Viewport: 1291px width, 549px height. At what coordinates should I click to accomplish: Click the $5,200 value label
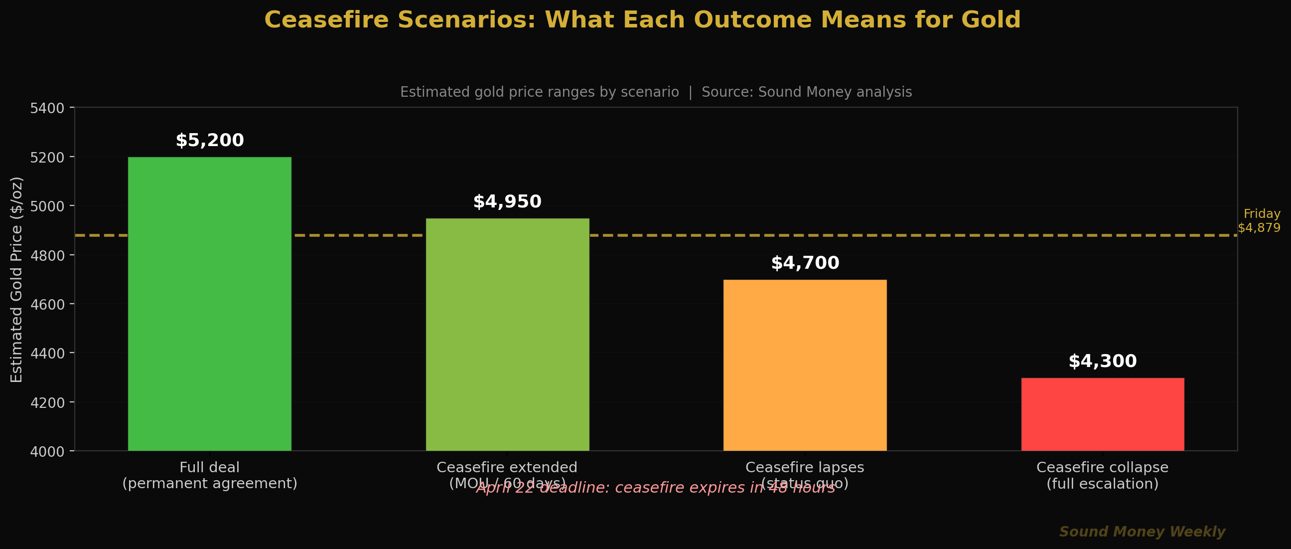click(x=209, y=141)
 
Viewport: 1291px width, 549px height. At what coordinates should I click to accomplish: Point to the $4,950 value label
click(x=507, y=201)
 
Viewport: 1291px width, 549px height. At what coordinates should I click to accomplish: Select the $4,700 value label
click(x=805, y=263)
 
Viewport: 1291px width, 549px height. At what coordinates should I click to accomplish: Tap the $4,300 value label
click(x=1103, y=362)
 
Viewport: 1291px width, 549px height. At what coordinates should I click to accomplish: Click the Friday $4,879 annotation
click(x=1259, y=220)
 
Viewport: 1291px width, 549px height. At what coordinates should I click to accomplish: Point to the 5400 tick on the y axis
click(x=47, y=108)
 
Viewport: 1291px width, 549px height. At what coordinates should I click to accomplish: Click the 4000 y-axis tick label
click(x=47, y=452)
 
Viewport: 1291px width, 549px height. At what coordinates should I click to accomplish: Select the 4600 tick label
click(x=47, y=305)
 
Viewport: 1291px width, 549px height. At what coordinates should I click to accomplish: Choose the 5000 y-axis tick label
click(x=47, y=206)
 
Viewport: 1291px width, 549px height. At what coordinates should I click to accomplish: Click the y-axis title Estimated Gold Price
click(x=16, y=279)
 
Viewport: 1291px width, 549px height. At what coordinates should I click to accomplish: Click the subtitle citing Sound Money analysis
click(x=656, y=92)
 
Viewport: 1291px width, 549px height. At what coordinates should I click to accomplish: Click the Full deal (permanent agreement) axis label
click(x=209, y=475)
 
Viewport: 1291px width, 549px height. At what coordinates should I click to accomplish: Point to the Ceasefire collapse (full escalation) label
click(x=1103, y=475)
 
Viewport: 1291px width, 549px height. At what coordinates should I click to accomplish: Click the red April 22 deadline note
click(x=656, y=488)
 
